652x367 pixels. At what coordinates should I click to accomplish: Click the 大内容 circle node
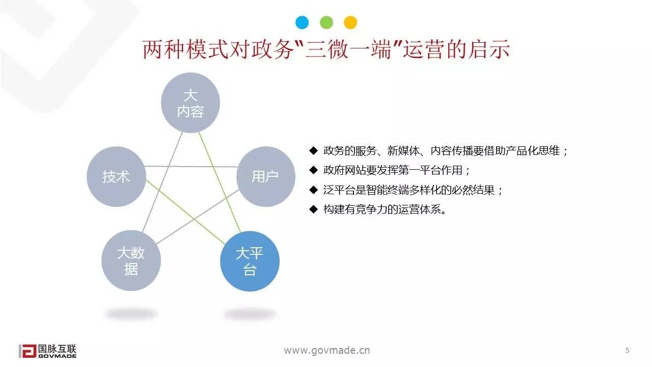(x=191, y=102)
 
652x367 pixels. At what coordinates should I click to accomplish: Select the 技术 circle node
(x=116, y=176)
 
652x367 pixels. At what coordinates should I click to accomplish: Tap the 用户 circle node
(x=265, y=176)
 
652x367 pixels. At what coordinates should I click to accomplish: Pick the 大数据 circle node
(x=131, y=260)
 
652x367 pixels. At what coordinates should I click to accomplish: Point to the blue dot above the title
(x=302, y=22)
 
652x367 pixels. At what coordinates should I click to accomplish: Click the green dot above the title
(x=326, y=22)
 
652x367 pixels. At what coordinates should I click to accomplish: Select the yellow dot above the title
(x=350, y=22)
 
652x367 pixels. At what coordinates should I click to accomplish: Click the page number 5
(x=627, y=350)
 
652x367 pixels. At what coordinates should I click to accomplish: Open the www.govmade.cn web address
(x=327, y=350)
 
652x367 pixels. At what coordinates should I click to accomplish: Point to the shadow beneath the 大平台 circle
(x=250, y=313)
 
